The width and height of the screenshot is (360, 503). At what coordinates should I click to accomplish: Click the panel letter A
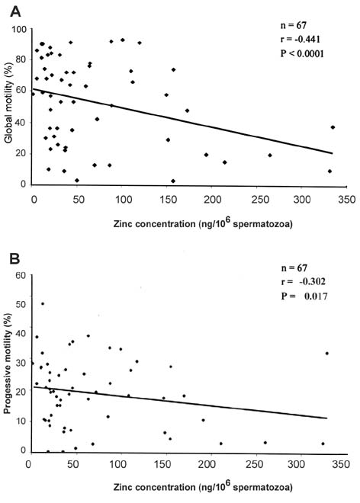coord(15,12)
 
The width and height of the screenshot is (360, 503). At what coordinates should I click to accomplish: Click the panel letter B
coord(14,258)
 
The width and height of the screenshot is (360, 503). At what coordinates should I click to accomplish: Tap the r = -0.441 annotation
coord(301,39)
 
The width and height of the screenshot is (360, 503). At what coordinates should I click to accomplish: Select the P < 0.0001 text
coord(302,53)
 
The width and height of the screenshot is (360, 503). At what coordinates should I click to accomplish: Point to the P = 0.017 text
coord(304,296)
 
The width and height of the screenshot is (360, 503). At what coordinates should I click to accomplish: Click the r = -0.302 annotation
coord(303,282)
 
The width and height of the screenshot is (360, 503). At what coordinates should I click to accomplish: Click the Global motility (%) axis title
coord(8,103)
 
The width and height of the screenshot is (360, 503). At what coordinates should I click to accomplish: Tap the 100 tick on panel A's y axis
coord(21,29)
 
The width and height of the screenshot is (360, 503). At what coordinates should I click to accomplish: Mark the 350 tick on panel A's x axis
coord(347,200)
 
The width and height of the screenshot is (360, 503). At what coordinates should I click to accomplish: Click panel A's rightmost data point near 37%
coord(333,127)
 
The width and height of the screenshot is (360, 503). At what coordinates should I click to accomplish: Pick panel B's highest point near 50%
coord(43,303)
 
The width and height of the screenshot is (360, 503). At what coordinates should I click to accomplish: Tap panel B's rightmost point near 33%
coord(327,353)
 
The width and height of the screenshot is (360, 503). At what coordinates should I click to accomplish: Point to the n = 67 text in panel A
coord(294,25)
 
